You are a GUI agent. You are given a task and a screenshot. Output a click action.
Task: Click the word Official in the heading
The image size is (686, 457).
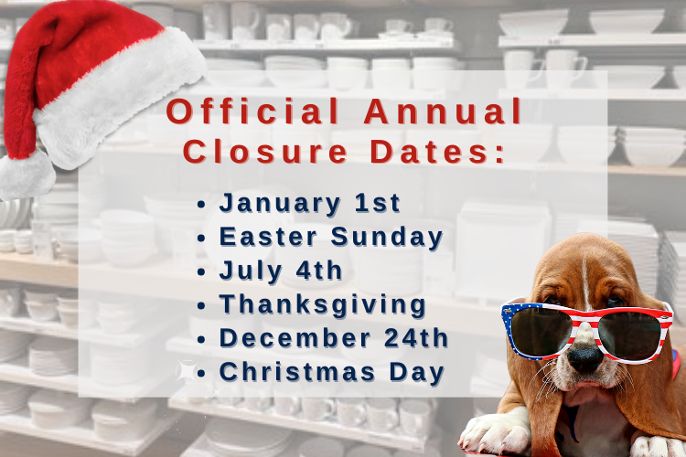click(252, 112)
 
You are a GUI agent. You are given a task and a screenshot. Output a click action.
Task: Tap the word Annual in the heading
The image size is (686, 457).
click(443, 112)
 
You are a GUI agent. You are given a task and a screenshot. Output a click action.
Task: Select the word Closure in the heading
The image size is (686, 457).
click(265, 152)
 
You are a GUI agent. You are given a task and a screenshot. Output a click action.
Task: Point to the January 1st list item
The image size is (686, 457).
click(310, 203)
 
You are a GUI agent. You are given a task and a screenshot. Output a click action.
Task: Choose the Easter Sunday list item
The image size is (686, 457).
click(331, 237)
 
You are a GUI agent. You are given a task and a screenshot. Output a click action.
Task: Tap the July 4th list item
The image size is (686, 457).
click(281, 271)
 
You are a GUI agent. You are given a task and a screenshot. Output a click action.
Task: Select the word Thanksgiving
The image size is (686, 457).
click(323, 304)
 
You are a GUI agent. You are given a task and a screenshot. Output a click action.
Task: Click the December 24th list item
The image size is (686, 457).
click(334, 337)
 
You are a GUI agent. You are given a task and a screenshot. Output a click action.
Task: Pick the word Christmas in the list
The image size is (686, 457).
click(297, 372)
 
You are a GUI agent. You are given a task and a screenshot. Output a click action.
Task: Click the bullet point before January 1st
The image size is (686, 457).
click(201, 205)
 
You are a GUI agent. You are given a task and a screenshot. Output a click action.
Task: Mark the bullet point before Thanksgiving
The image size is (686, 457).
click(201, 305)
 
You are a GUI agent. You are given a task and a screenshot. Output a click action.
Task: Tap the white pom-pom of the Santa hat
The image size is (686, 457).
click(27, 175)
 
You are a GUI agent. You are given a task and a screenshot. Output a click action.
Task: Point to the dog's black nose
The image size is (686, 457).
click(585, 357)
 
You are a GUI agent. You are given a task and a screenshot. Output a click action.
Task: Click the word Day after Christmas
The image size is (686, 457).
click(417, 373)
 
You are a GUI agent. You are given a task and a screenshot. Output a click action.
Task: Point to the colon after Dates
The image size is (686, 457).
click(500, 154)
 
